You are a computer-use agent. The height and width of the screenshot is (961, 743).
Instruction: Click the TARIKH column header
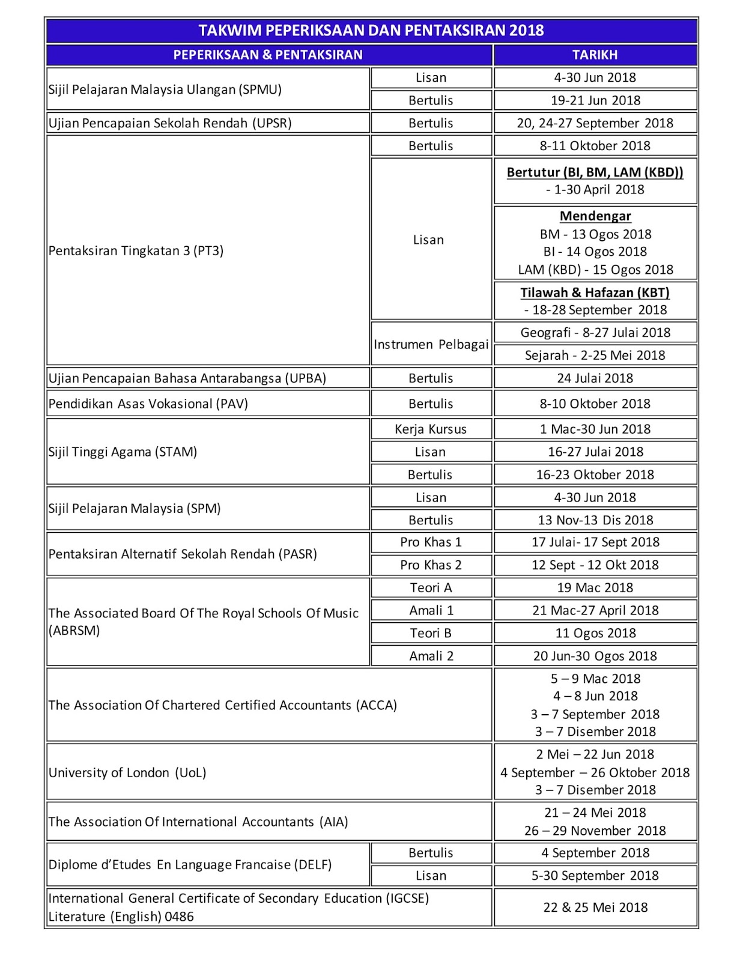[595, 55]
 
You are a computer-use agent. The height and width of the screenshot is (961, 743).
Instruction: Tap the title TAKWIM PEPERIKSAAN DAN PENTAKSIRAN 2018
[371, 31]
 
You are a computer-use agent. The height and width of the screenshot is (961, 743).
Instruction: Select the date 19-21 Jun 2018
[595, 100]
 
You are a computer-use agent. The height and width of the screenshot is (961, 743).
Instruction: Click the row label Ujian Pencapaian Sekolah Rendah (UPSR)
[170, 123]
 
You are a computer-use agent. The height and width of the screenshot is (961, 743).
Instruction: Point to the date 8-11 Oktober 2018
[595, 146]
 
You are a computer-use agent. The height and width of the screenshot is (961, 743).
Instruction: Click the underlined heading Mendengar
[595, 216]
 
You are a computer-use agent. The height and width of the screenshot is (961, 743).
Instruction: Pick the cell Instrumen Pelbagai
[431, 345]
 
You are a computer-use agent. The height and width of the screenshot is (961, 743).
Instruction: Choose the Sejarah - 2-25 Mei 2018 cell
[595, 355]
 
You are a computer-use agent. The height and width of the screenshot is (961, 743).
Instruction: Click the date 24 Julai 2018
[595, 378]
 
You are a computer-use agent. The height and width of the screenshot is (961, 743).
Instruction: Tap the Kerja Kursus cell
[431, 429]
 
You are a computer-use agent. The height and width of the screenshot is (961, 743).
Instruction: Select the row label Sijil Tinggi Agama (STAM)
[123, 452]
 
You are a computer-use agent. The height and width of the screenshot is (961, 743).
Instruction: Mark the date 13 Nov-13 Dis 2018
[595, 520]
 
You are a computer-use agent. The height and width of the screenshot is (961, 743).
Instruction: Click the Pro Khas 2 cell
[431, 565]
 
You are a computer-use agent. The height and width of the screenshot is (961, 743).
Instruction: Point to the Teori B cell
[431, 633]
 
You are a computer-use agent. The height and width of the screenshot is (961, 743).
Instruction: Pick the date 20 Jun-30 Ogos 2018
[595, 656]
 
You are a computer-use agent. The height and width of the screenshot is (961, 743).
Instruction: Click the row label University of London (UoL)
[127, 772]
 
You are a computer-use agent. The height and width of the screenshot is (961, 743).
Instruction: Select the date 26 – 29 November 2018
[595, 831]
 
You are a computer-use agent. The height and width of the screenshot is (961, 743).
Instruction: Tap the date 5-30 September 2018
[595, 876]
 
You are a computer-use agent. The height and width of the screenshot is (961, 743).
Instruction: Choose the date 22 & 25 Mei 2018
[595, 908]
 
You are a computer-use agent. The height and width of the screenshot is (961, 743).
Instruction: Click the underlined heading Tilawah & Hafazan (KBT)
[595, 293]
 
